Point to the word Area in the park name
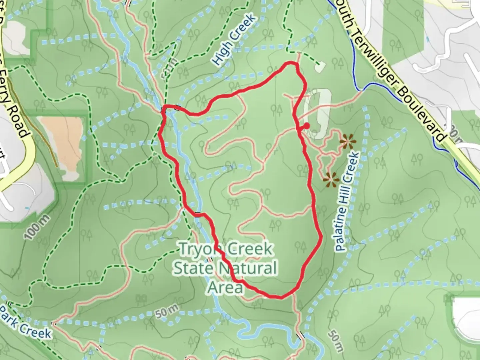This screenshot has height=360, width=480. pos(225,287)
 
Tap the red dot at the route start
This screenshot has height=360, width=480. pos(306,126)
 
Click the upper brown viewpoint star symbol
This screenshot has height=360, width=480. pos(347,142)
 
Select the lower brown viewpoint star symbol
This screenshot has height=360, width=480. pos(331,180)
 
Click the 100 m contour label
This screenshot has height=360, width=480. pos(37,227)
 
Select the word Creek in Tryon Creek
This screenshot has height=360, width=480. pos(250,249)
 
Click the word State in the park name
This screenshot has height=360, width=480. pos(193,268)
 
